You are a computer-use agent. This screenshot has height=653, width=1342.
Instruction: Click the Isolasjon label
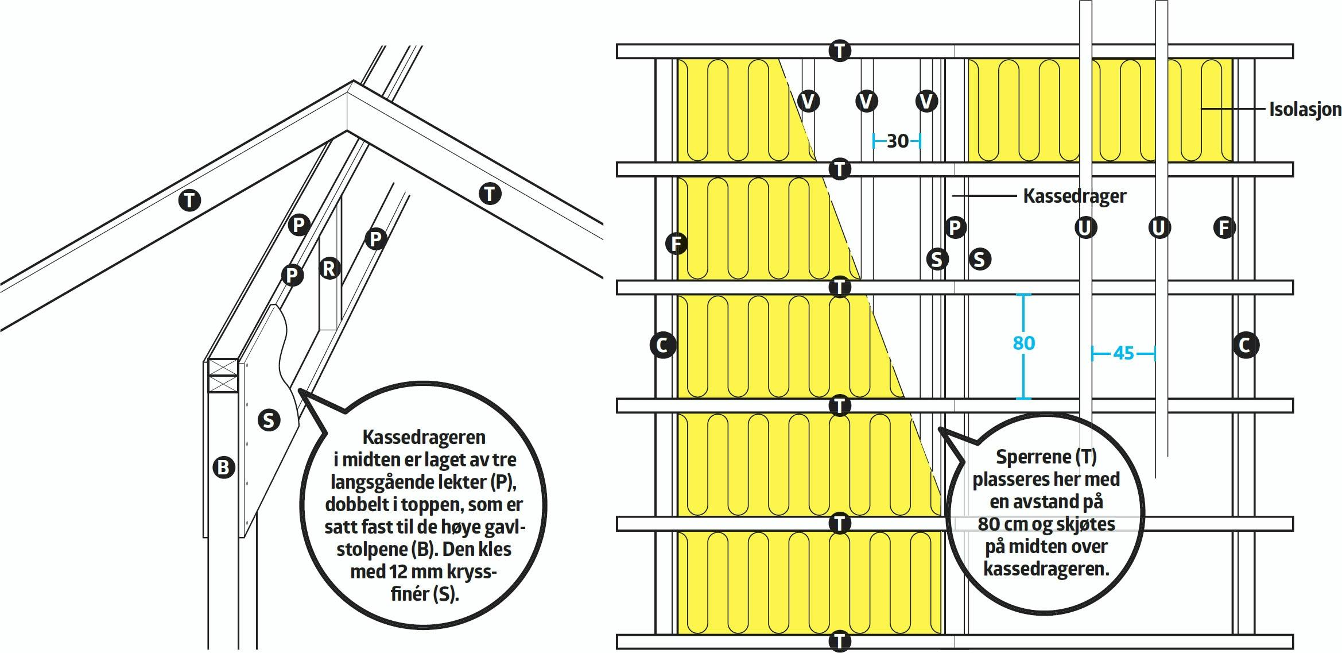(1305, 109)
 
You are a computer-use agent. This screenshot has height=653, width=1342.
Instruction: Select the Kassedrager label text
(1075, 196)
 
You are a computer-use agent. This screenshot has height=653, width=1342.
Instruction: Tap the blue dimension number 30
(898, 141)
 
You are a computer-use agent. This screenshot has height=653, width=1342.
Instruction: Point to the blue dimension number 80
(1024, 343)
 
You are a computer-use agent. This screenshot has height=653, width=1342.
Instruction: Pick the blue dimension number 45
(1123, 353)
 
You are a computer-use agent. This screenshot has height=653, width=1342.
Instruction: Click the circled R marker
(329, 268)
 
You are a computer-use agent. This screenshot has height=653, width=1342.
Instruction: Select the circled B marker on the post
(224, 467)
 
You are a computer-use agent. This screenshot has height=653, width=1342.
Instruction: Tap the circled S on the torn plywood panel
(269, 420)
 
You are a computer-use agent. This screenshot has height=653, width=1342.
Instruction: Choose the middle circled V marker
(866, 102)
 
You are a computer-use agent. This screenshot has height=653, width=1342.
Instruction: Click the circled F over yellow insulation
(677, 244)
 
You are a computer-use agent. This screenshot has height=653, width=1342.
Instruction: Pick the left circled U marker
(1085, 228)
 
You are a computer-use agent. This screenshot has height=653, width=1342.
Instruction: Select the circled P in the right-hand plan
(955, 227)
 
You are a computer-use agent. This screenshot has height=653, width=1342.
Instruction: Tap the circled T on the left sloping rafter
(189, 200)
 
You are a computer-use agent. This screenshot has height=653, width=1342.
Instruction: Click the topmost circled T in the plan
(840, 51)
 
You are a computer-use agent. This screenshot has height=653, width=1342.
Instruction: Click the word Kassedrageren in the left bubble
(424, 437)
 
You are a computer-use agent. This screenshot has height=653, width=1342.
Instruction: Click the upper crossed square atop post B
(223, 368)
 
